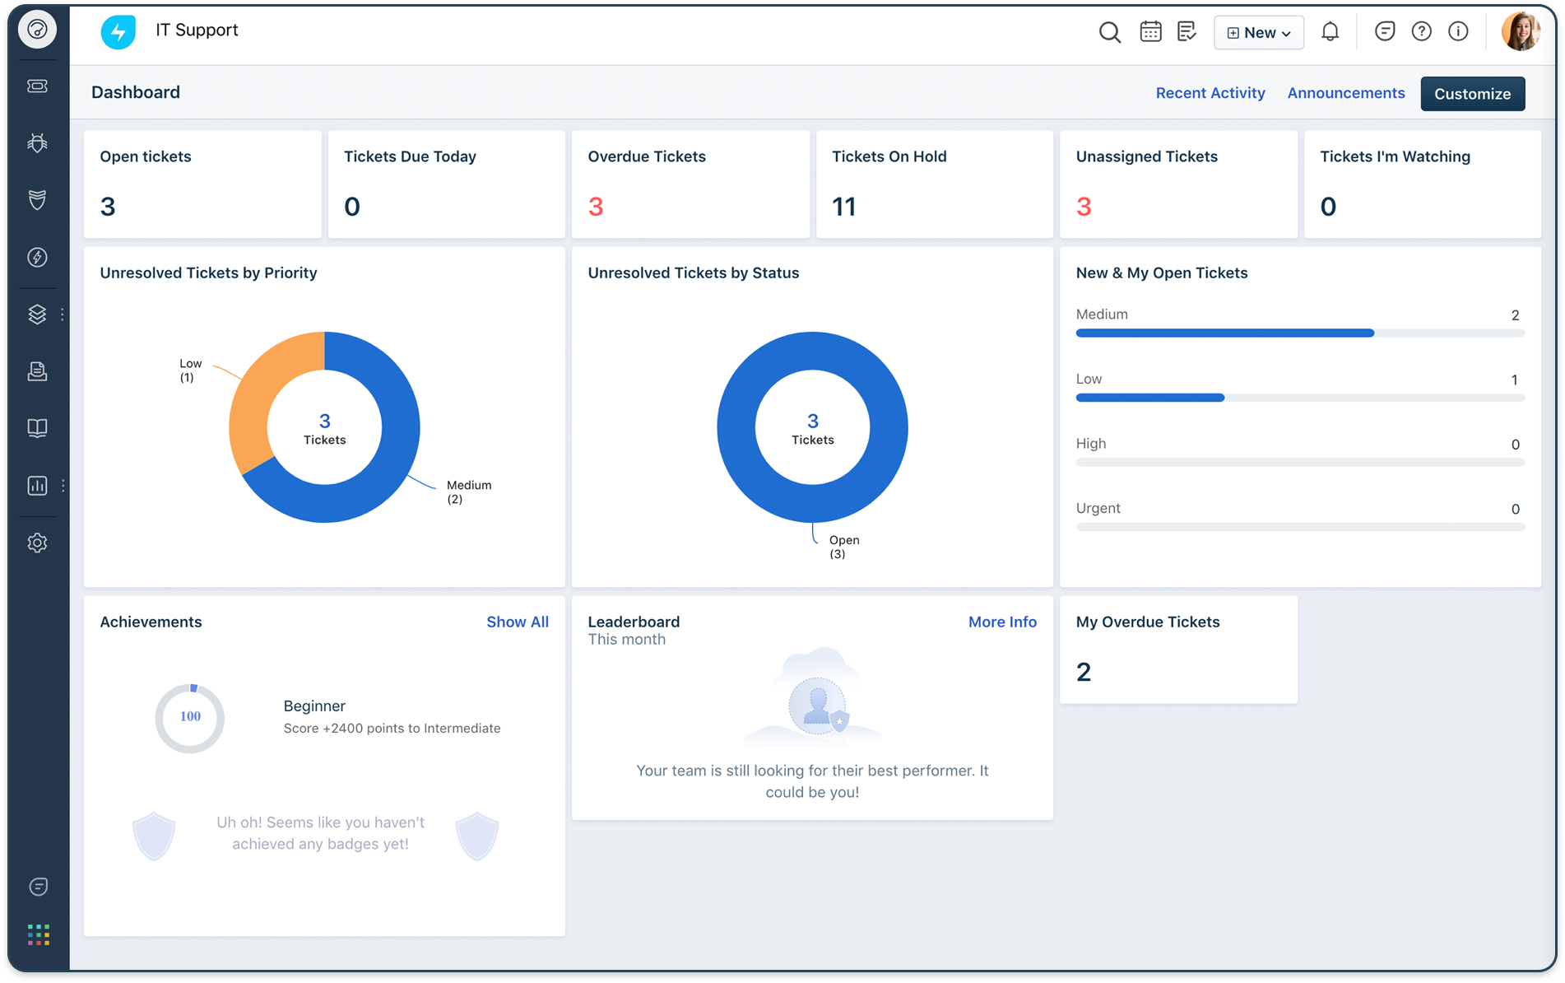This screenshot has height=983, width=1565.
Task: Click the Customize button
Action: click(x=1472, y=94)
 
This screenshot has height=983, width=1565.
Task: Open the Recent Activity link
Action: click(x=1210, y=93)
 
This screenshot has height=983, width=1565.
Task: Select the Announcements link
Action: click(x=1345, y=93)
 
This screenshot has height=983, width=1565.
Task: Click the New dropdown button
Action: click(x=1258, y=33)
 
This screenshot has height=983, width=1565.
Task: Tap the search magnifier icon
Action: click(x=1109, y=32)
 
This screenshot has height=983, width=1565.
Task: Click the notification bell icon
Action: click(x=1330, y=32)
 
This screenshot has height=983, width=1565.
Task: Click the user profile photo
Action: click(x=1520, y=31)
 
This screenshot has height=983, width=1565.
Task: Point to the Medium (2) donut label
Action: click(x=468, y=491)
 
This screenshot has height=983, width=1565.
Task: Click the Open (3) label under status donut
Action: click(x=843, y=547)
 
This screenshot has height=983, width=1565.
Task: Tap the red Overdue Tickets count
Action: click(x=596, y=207)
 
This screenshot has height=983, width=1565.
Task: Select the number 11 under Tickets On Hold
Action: click(x=843, y=207)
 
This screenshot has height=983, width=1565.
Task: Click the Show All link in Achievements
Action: click(x=517, y=622)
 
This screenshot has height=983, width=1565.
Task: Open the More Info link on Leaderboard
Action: click(x=1001, y=622)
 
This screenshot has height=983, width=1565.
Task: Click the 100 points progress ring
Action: click(x=190, y=717)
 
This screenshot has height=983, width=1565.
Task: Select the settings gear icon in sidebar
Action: click(x=37, y=543)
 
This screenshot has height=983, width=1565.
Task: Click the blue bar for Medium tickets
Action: click(x=1224, y=333)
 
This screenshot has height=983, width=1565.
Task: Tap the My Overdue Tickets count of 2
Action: click(x=1084, y=673)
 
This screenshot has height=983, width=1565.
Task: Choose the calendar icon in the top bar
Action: click(x=1150, y=32)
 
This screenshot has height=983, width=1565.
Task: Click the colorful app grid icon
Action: click(x=38, y=934)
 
